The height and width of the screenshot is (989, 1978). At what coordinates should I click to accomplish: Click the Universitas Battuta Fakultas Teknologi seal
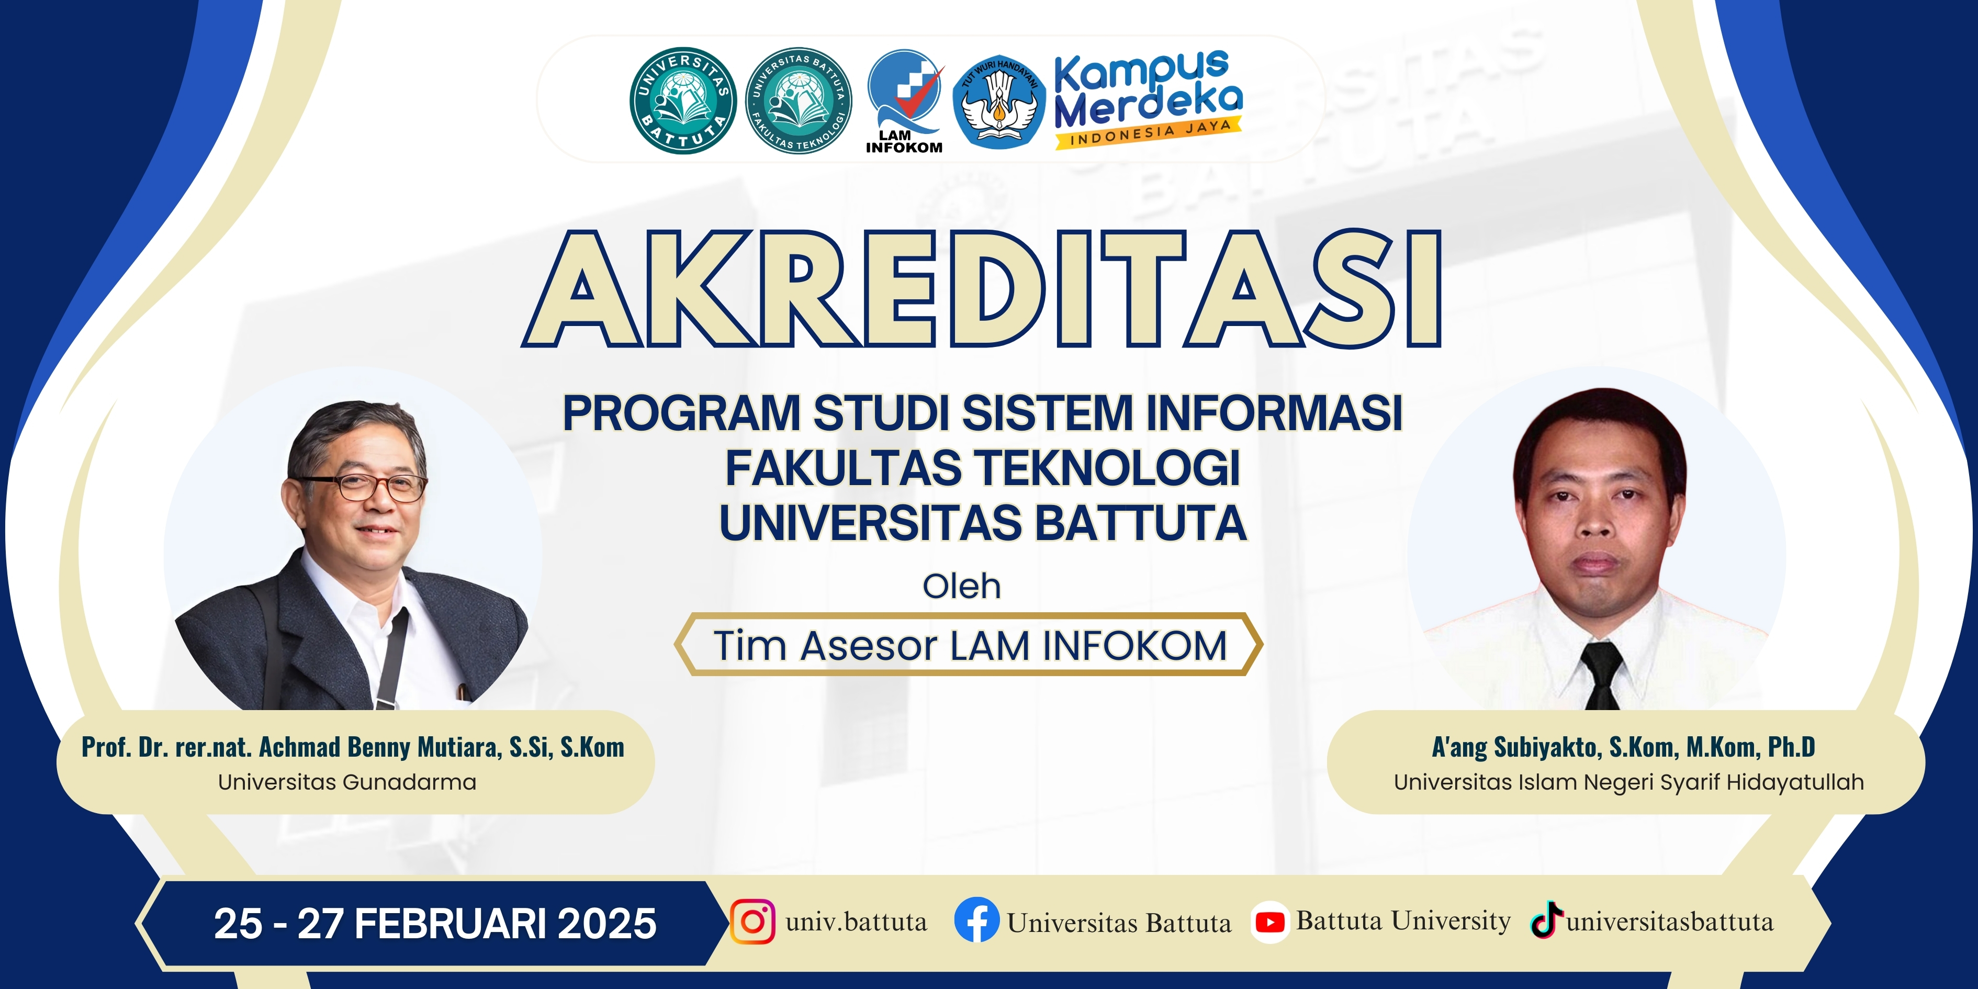pyautogui.click(x=799, y=100)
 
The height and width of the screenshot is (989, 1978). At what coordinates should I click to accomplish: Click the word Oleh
pyautogui.click(x=961, y=587)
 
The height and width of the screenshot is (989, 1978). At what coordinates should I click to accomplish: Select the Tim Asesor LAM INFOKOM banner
pyautogui.click(x=969, y=644)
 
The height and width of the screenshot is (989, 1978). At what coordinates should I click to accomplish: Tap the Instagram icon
pyautogui.click(x=752, y=921)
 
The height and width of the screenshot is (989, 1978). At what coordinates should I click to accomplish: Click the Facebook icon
pyautogui.click(x=977, y=920)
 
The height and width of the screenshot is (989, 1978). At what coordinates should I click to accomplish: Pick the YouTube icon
pyautogui.click(x=1269, y=922)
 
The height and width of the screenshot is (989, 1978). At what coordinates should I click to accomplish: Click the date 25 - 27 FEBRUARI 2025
pyautogui.click(x=435, y=924)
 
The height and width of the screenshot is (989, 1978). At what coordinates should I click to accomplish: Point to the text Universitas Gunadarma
pyautogui.click(x=347, y=782)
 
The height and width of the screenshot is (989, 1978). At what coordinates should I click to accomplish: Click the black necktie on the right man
pyautogui.click(x=1602, y=676)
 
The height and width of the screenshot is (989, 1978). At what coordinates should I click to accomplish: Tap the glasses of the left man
pyautogui.click(x=367, y=487)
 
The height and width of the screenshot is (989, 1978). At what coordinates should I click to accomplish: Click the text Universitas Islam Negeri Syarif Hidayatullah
pyautogui.click(x=1628, y=782)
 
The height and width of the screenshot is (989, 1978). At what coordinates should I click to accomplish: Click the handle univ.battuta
pyautogui.click(x=856, y=921)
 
